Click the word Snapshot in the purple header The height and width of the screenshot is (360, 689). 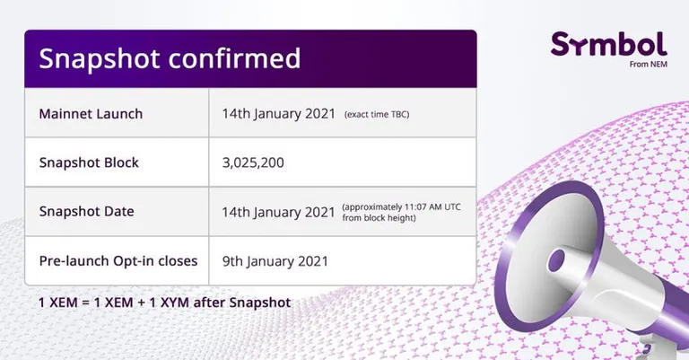pyautogui.click(x=99, y=58)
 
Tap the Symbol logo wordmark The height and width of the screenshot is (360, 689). pyautogui.click(x=608, y=44)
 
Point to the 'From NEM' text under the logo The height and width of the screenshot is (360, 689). pyautogui.click(x=648, y=64)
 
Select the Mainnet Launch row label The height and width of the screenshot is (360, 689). pyautogui.click(x=91, y=114)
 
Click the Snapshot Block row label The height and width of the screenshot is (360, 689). pyautogui.click(x=89, y=162)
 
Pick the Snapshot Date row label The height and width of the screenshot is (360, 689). pyautogui.click(x=86, y=212)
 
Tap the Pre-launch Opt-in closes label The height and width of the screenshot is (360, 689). pyautogui.click(x=118, y=261)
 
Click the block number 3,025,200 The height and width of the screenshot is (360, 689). pyautogui.click(x=253, y=162)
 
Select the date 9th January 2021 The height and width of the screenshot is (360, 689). pyautogui.click(x=275, y=261)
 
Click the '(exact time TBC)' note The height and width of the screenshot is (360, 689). pyautogui.click(x=377, y=115)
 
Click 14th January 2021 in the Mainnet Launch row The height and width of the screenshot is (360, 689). pyautogui.click(x=279, y=114)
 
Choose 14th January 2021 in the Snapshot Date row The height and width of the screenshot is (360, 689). pyautogui.click(x=279, y=212)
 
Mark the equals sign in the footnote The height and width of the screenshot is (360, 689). pyautogui.click(x=85, y=303)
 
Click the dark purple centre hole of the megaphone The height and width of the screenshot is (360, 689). pyautogui.click(x=557, y=259)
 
